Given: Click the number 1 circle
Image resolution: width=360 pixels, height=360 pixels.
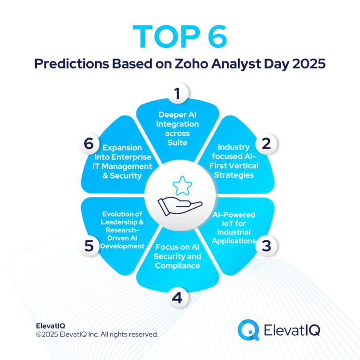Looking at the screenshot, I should (x=177, y=94).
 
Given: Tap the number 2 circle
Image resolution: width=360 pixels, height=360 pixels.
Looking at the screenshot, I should (x=266, y=143).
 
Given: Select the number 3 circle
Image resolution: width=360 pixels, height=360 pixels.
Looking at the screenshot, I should (x=266, y=245).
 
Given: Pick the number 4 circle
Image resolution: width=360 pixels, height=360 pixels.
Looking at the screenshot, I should (x=177, y=297).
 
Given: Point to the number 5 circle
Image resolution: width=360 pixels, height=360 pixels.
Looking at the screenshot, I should (x=89, y=245).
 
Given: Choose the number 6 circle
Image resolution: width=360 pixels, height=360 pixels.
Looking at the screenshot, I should (x=89, y=143).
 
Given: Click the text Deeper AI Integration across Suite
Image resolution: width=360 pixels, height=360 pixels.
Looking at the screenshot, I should (x=178, y=128).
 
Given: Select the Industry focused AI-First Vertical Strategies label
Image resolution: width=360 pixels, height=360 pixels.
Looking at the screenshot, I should (x=233, y=161).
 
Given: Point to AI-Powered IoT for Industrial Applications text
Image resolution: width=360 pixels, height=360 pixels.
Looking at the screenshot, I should (x=233, y=228).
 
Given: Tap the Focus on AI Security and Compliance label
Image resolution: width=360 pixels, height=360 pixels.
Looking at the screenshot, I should (x=178, y=256).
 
